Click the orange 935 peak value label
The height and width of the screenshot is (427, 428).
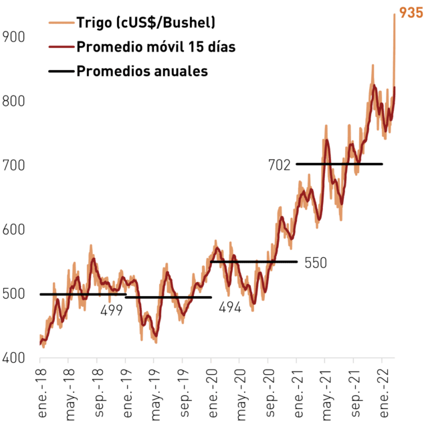click(x=411, y=13)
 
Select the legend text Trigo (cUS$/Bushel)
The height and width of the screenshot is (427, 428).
click(x=146, y=22)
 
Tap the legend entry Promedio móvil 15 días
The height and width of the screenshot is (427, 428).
click(x=156, y=47)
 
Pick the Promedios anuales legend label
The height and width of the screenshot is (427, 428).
click(x=142, y=71)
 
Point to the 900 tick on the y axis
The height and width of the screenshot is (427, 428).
click(x=13, y=37)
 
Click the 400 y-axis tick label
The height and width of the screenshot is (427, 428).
click(x=13, y=358)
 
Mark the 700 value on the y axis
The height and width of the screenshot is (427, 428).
click(x=13, y=165)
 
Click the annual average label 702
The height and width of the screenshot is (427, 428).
click(x=280, y=165)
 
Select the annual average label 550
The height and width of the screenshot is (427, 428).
click(x=316, y=263)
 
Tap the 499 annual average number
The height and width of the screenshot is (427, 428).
click(x=112, y=310)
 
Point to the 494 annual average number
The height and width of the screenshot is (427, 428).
click(x=230, y=307)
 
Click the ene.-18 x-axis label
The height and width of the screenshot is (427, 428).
click(x=42, y=393)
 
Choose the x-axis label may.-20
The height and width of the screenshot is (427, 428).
click(x=241, y=394)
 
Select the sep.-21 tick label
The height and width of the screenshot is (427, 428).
click(x=355, y=393)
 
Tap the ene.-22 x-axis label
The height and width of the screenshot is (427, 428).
click(x=384, y=393)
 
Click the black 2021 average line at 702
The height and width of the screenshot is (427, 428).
click(x=339, y=164)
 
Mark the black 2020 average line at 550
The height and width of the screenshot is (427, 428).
click(x=254, y=262)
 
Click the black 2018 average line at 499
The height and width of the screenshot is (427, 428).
click(x=83, y=294)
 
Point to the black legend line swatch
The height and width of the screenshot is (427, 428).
click(x=62, y=71)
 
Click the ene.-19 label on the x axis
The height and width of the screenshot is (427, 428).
click(x=128, y=393)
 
